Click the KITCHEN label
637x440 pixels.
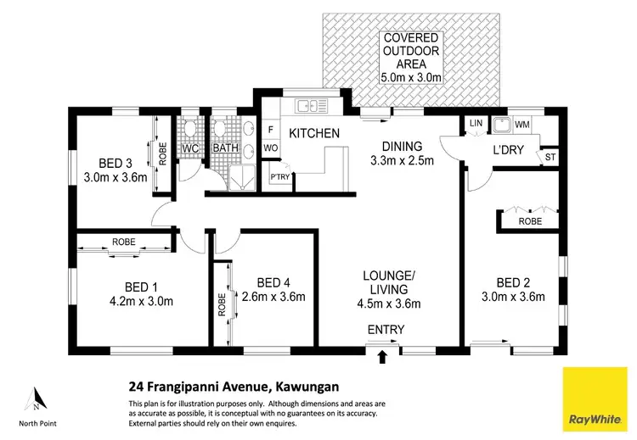314,134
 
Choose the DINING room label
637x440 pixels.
402,146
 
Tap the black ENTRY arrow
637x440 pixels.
381,356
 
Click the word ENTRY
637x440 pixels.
386,330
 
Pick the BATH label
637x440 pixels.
225,148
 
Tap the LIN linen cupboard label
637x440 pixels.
475,125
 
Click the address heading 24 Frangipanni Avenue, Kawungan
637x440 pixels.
233,387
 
